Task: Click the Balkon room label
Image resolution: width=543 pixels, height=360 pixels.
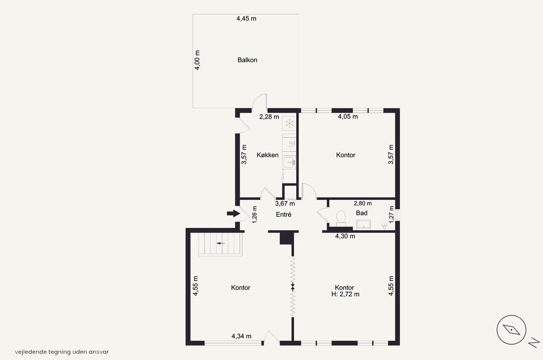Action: pos(247,60)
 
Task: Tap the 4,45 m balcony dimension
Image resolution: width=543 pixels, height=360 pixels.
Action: pos(246,19)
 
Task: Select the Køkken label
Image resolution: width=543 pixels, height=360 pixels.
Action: pos(267,155)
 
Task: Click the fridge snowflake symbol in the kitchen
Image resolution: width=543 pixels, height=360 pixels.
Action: pos(289,124)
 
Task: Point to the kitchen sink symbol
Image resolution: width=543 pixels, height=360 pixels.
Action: pos(289,162)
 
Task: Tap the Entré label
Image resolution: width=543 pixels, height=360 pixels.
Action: pos(284,214)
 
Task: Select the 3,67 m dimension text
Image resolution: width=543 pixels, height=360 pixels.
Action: pos(285,203)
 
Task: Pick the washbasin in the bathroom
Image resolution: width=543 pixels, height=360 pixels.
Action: pos(363,225)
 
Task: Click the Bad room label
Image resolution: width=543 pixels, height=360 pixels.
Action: pos(361,213)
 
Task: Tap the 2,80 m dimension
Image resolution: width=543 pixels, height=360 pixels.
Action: pos(363,203)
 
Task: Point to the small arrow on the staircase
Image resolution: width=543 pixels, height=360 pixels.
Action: pos(221,243)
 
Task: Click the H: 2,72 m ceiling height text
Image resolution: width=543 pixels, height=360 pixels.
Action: pos(345,294)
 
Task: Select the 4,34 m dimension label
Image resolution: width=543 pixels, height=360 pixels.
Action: pos(241,336)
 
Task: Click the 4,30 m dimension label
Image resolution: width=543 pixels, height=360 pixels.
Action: pos(345,236)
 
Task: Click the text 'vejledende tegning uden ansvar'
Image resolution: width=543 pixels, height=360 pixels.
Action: pos(62,352)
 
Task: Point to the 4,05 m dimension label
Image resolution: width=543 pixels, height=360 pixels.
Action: pos(348,117)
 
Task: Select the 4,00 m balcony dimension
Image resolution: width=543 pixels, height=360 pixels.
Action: pos(197,60)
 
